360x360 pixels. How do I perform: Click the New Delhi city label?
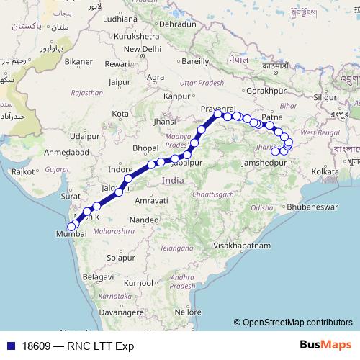[x=141, y=49]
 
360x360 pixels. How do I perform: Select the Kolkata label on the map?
[x=325, y=172]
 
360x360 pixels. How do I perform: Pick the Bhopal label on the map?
[x=146, y=148]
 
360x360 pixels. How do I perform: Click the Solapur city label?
[x=120, y=257]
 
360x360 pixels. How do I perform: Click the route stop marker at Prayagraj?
[x=217, y=114]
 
